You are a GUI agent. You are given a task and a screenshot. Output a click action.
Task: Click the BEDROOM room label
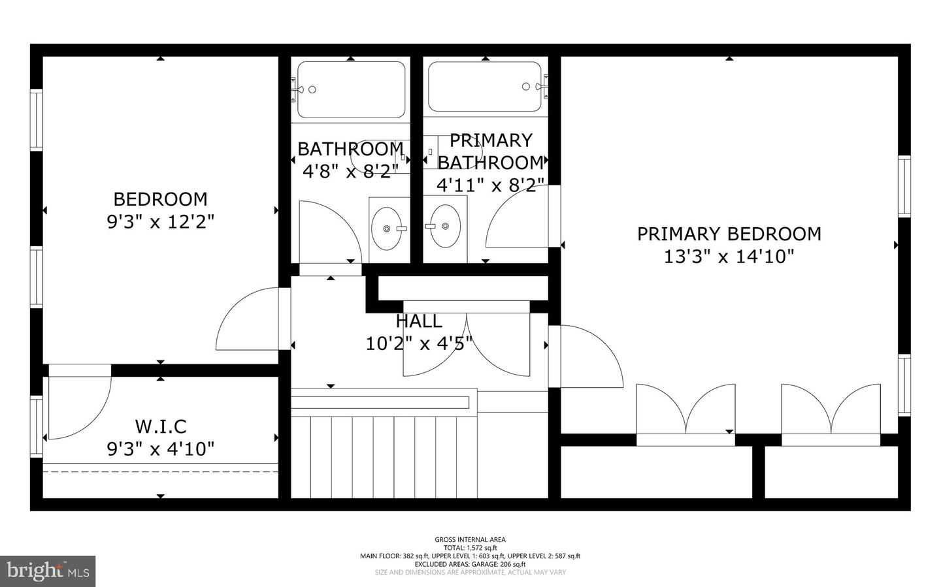click(x=160, y=199)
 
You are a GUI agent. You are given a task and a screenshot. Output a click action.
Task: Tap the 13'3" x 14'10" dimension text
click(x=729, y=257)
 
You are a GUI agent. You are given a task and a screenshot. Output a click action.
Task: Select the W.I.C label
click(x=161, y=426)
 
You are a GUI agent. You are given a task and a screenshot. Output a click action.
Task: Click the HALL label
click(x=419, y=321)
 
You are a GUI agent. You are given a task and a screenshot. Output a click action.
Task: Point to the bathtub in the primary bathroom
click(x=485, y=87)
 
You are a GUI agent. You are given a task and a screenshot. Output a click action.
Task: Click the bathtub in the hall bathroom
click(x=351, y=89)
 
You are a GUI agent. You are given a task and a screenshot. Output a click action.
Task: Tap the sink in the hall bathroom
click(x=388, y=229)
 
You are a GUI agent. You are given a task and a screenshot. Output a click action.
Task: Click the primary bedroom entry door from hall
click(x=588, y=356)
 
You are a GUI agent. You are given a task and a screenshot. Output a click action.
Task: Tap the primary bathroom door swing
click(x=520, y=219)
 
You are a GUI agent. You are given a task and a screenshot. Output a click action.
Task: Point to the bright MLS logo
click(x=48, y=571)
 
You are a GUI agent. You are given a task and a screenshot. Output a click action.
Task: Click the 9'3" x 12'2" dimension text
click(x=160, y=222)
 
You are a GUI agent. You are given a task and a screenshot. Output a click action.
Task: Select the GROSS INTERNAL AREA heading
click(x=470, y=539)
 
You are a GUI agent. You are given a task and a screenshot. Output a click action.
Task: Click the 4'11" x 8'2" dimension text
click(x=490, y=185)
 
